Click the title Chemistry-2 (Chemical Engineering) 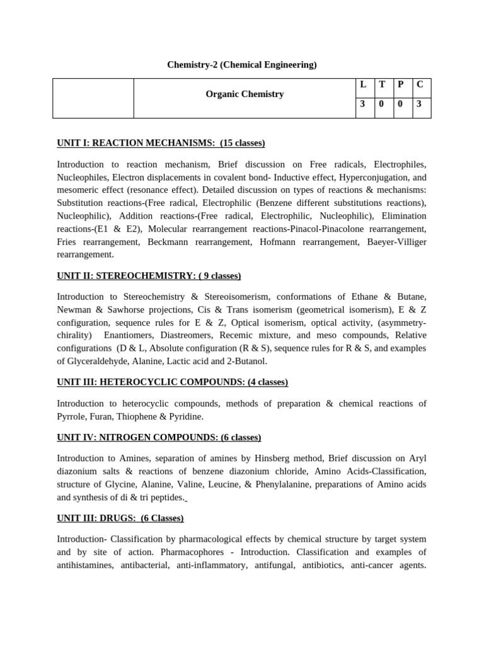click(241, 64)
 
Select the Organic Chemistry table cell click(245, 94)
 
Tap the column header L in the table click(363, 84)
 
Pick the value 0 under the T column click(381, 104)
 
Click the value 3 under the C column click(419, 104)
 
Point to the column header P click(400, 84)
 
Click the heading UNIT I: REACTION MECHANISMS click(161, 143)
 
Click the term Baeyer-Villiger click(395, 241)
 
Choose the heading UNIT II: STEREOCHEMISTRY click(149, 276)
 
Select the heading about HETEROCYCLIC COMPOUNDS click(172, 382)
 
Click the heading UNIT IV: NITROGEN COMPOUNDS click(159, 437)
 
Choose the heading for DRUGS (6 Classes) click(120, 518)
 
